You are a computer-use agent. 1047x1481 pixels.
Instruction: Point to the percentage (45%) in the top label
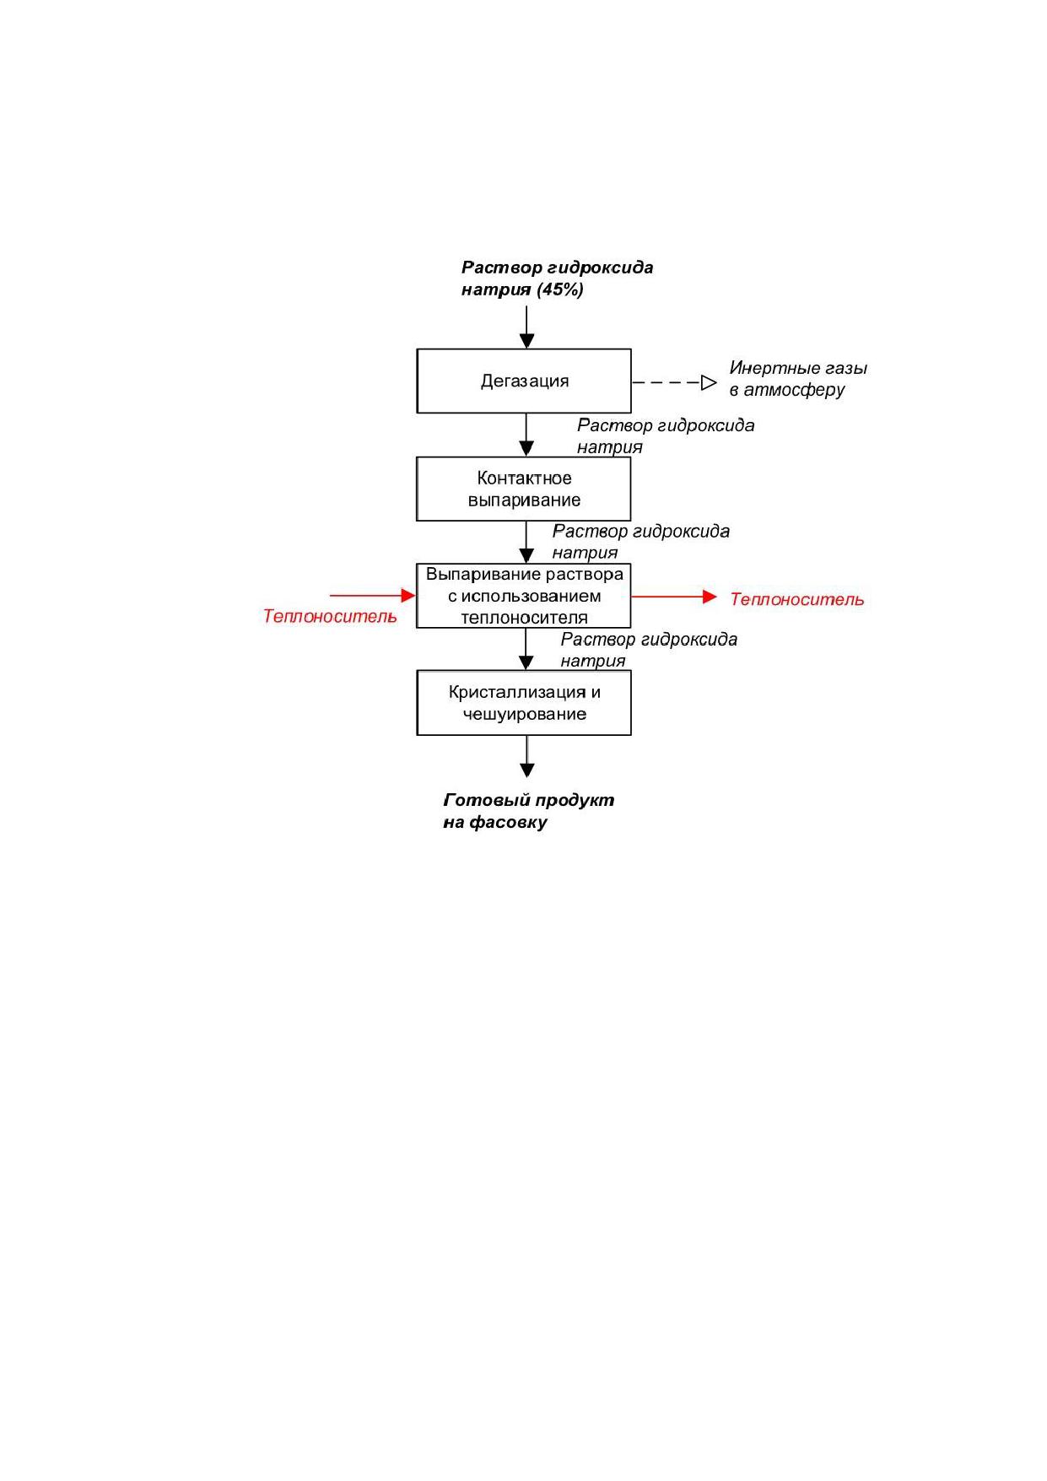tap(559, 289)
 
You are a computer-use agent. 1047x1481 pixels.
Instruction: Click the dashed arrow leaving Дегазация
tap(675, 383)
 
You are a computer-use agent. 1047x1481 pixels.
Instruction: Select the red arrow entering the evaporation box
tap(373, 596)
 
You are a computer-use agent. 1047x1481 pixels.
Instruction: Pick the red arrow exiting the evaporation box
tap(674, 597)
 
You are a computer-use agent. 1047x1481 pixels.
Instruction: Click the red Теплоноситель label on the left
tap(330, 616)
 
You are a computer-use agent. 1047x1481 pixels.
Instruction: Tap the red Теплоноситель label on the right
tap(797, 599)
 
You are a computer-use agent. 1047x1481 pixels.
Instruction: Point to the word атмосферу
tap(794, 390)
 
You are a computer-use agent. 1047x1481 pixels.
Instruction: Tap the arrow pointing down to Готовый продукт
tap(527, 756)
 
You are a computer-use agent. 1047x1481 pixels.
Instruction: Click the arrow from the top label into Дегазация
tap(526, 327)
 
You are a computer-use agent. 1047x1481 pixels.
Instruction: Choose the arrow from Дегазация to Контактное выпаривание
tap(526, 435)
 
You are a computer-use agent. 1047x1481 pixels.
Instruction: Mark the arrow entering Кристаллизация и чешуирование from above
tap(526, 650)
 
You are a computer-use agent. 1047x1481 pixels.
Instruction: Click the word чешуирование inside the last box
tap(525, 714)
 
